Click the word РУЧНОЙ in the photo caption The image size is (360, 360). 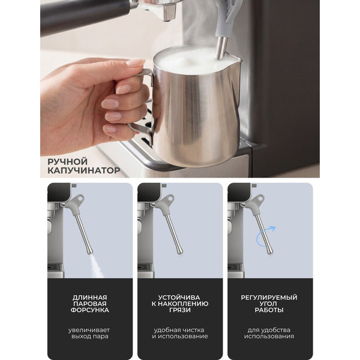(67, 162)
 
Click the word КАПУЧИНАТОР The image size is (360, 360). (84, 170)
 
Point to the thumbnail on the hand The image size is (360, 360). (135, 62)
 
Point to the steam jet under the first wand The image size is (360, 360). (97, 266)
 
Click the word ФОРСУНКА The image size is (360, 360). (90, 310)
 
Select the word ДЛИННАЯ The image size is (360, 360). (90, 298)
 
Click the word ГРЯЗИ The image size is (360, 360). (180, 310)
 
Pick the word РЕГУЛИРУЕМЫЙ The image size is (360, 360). (269, 298)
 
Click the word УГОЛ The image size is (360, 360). (269, 304)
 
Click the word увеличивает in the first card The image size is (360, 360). (89, 330)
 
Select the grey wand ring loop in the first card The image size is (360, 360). (80, 197)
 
